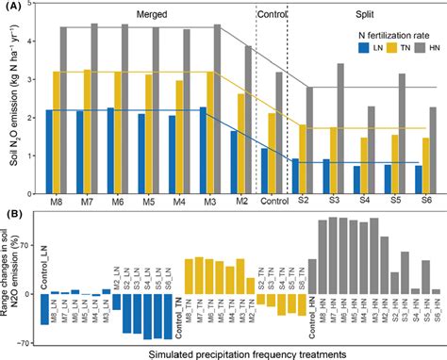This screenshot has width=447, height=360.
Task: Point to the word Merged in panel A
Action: pyautogui.click(x=154, y=14)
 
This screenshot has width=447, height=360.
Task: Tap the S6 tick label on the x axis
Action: pyautogui.click(x=426, y=200)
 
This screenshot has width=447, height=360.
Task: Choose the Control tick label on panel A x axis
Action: pyautogui.click(x=272, y=200)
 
